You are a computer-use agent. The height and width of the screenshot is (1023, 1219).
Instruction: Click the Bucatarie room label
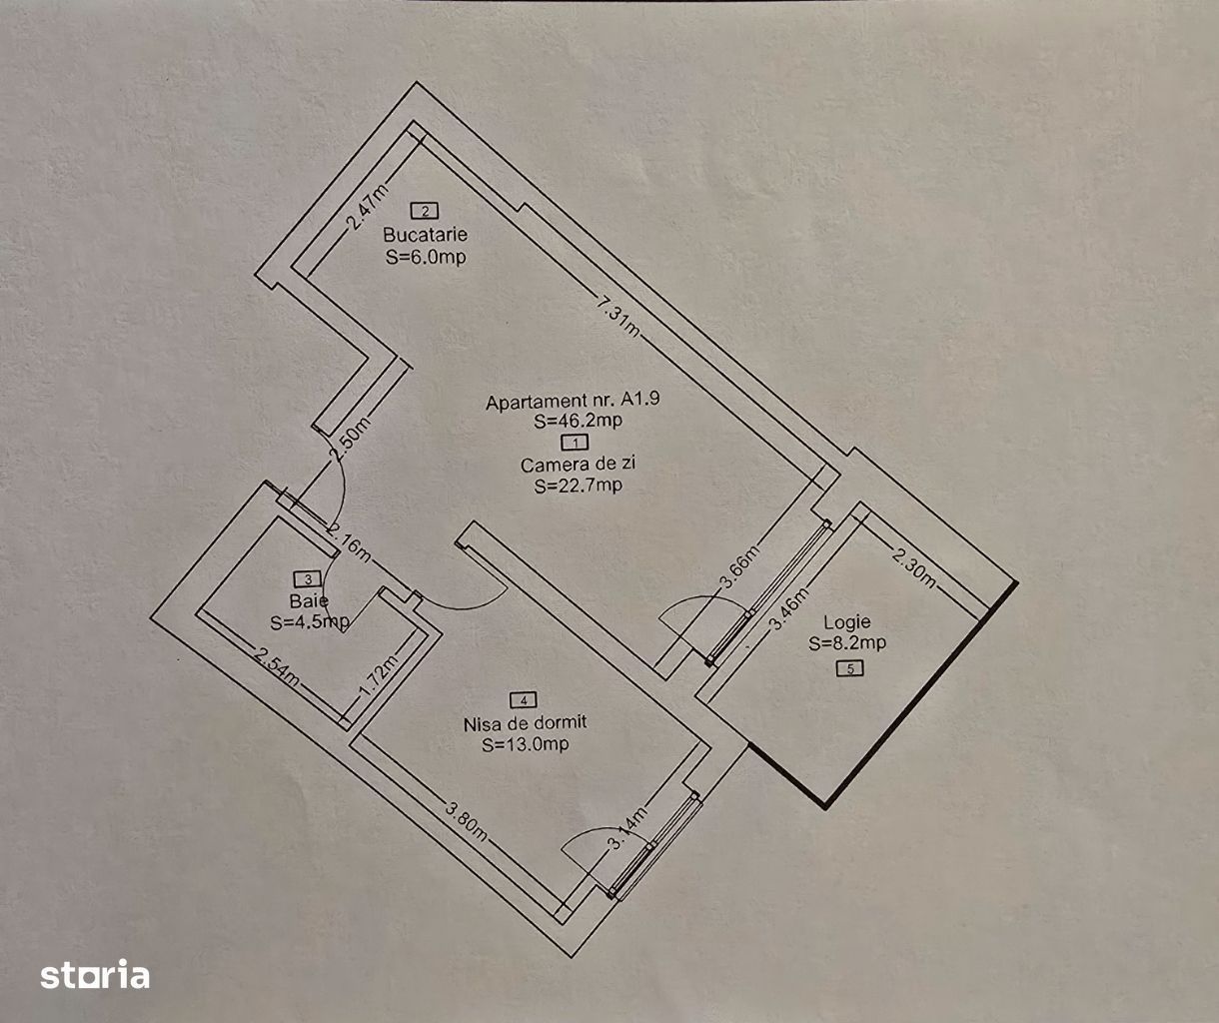(425, 235)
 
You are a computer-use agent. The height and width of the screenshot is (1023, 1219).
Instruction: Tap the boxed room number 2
(425, 210)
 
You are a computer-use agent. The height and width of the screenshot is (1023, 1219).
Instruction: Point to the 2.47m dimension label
(367, 207)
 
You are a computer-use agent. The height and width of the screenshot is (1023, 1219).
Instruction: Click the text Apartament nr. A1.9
(573, 402)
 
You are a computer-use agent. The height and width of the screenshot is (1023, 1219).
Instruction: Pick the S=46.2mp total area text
(578, 421)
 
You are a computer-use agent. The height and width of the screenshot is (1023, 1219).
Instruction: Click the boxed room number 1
(575, 442)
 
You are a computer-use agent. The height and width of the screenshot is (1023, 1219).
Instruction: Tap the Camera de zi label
(578, 464)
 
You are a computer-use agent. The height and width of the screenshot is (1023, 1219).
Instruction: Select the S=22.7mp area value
(578, 486)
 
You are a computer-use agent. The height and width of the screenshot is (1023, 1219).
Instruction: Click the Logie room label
(847, 622)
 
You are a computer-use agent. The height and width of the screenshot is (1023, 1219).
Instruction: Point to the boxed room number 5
(849, 669)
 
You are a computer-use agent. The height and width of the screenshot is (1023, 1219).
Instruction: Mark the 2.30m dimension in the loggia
(914, 566)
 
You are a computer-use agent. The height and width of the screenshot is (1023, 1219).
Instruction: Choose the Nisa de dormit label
(525, 722)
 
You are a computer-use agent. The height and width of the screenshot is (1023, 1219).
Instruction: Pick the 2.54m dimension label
(277, 667)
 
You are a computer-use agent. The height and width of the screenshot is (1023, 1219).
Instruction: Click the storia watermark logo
(95, 974)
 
